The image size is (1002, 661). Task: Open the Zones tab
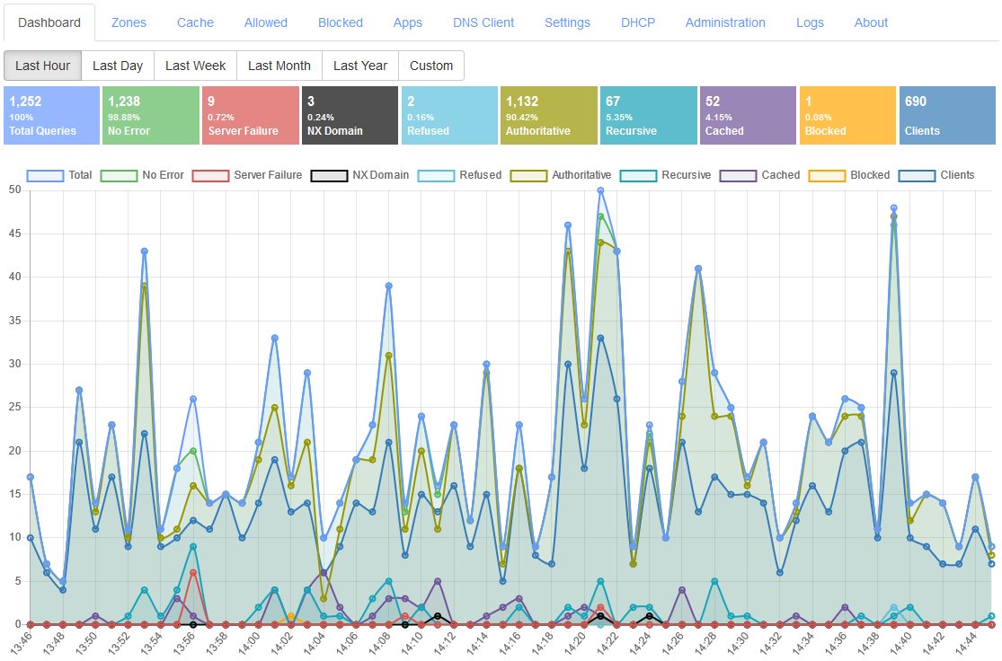click(129, 22)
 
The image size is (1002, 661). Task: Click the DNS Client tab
click(483, 22)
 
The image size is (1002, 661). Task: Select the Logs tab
click(810, 22)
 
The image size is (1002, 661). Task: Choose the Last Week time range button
click(196, 66)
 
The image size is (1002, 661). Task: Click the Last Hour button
click(43, 66)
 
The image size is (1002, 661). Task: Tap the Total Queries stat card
click(52, 116)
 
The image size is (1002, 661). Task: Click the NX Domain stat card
click(350, 116)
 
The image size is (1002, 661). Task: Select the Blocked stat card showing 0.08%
click(847, 116)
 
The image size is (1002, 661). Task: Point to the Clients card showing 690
click(947, 116)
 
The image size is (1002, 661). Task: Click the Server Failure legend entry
click(246, 175)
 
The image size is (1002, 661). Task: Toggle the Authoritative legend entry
click(561, 175)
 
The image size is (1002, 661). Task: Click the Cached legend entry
click(759, 175)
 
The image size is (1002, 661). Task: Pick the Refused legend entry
click(459, 175)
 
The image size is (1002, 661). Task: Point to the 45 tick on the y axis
click(14, 234)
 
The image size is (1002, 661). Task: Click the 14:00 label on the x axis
click(249, 641)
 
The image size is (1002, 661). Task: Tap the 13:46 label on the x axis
click(21, 641)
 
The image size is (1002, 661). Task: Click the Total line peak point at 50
click(600, 190)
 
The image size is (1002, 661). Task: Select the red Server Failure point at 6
click(193, 572)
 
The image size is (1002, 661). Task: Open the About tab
click(871, 22)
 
